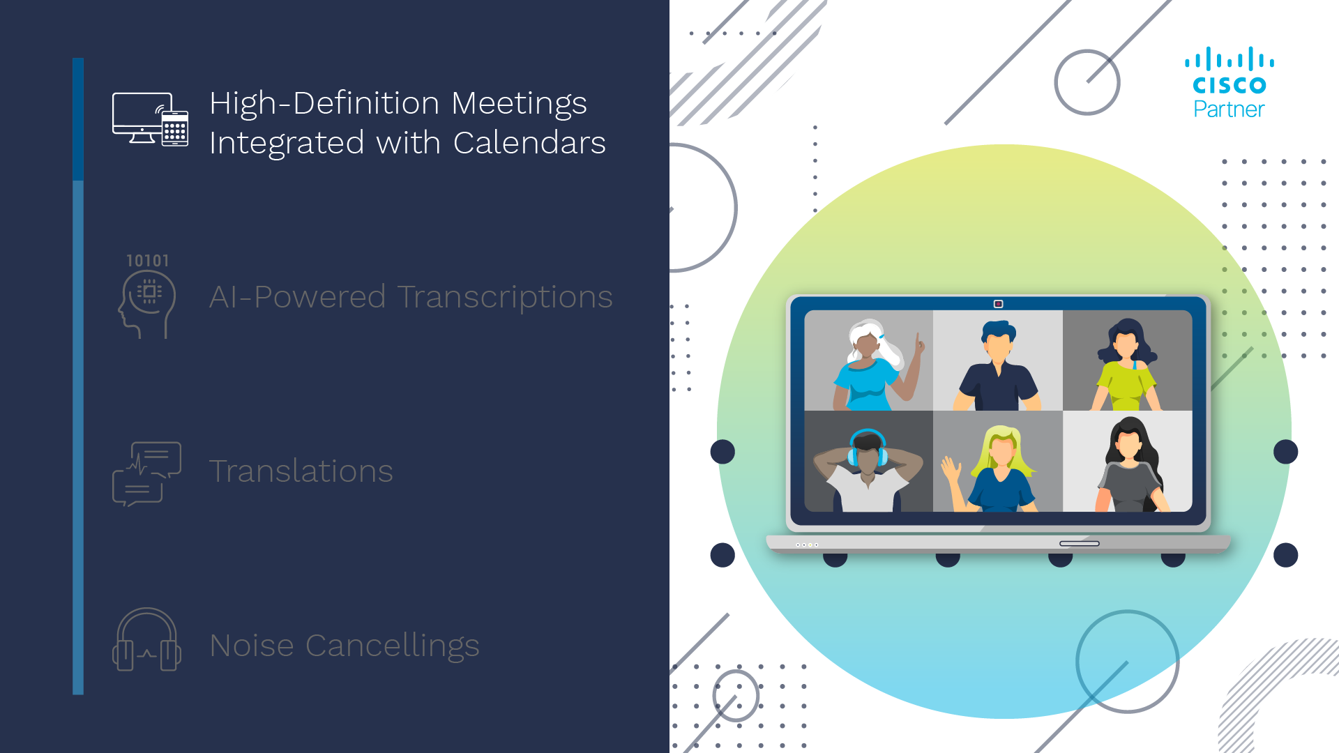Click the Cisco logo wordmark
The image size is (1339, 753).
pyautogui.click(x=1229, y=85)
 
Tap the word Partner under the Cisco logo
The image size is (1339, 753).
pyautogui.click(x=1229, y=109)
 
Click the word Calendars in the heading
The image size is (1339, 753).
pyautogui.click(x=529, y=143)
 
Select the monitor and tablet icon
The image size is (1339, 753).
pyautogui.click(x=150, y=119)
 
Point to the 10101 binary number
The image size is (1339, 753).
pyautogui.click(x=147, y=261)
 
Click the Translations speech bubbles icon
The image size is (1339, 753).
pyautogui.click(x=146, y=474)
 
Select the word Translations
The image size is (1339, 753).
pyautogui.click(x=301, y=471)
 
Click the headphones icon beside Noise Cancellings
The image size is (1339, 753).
pyautogui.click(x=146, y=640)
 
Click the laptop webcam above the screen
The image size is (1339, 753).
pyautogui.click(x=998, y=304)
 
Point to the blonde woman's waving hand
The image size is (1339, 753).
pyautogui.click(x=950, y=469)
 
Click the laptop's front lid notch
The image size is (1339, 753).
pyautogui.click(x=1079, y=543)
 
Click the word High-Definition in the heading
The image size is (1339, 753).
pyautogui.click(x=324, y=103)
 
